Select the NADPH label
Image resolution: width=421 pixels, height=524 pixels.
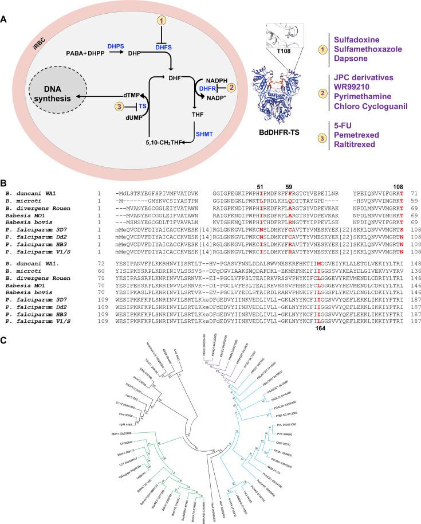point(213,79)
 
